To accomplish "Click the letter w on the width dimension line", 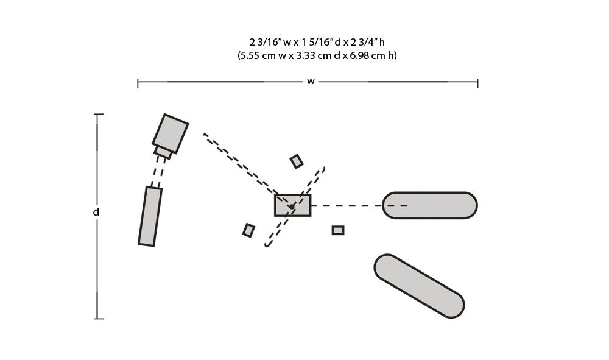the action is (311, 82).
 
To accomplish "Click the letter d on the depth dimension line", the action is (96, 212).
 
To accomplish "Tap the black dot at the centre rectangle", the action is (291, 206).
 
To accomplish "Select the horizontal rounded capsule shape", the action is (429, 205).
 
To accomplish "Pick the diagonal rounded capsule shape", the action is (419, 286).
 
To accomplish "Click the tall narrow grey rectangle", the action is (150, 216).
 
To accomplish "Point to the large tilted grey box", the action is (170, 133).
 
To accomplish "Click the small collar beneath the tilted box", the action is (163, 152).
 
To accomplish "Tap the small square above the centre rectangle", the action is (297, 161).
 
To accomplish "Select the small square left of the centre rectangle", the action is (248, 230).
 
